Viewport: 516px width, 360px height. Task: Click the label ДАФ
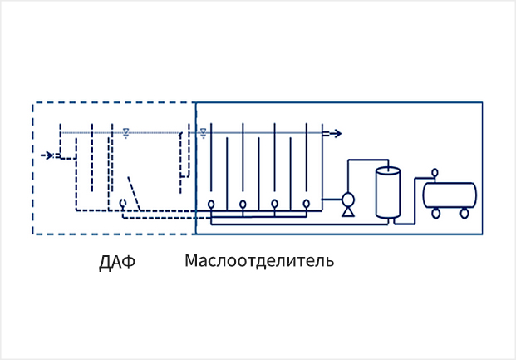(116, 263)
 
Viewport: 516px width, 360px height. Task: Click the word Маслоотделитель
(258, 261)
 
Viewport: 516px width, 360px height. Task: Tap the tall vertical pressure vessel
(387, 193)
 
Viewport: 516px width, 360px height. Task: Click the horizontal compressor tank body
(450, 195)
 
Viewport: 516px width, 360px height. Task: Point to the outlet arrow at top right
(334, 133)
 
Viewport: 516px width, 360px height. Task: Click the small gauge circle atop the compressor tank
(435, 173)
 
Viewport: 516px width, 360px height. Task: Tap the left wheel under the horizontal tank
(436, 213)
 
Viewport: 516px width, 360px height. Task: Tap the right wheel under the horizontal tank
(464, 213)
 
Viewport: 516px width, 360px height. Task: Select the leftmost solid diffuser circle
(212, 204)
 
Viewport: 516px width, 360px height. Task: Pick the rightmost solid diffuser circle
(307, 204)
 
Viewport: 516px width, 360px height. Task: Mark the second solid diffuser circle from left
(243, 204)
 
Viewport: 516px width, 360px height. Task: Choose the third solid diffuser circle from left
(275, 204)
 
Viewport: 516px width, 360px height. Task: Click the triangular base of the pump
(347, 212)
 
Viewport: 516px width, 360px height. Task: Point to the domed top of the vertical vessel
(387, 170)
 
